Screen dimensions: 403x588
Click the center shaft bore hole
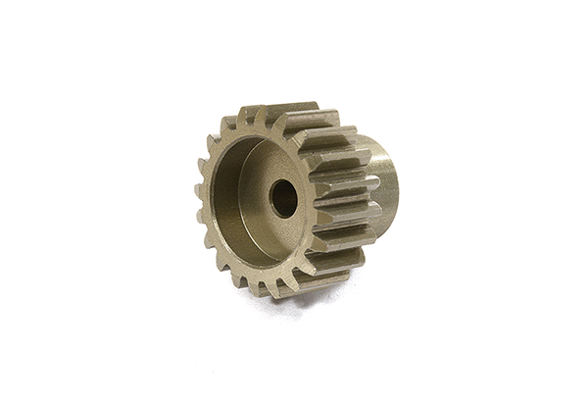[283, 199]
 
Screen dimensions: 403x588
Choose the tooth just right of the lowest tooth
[285, 285]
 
